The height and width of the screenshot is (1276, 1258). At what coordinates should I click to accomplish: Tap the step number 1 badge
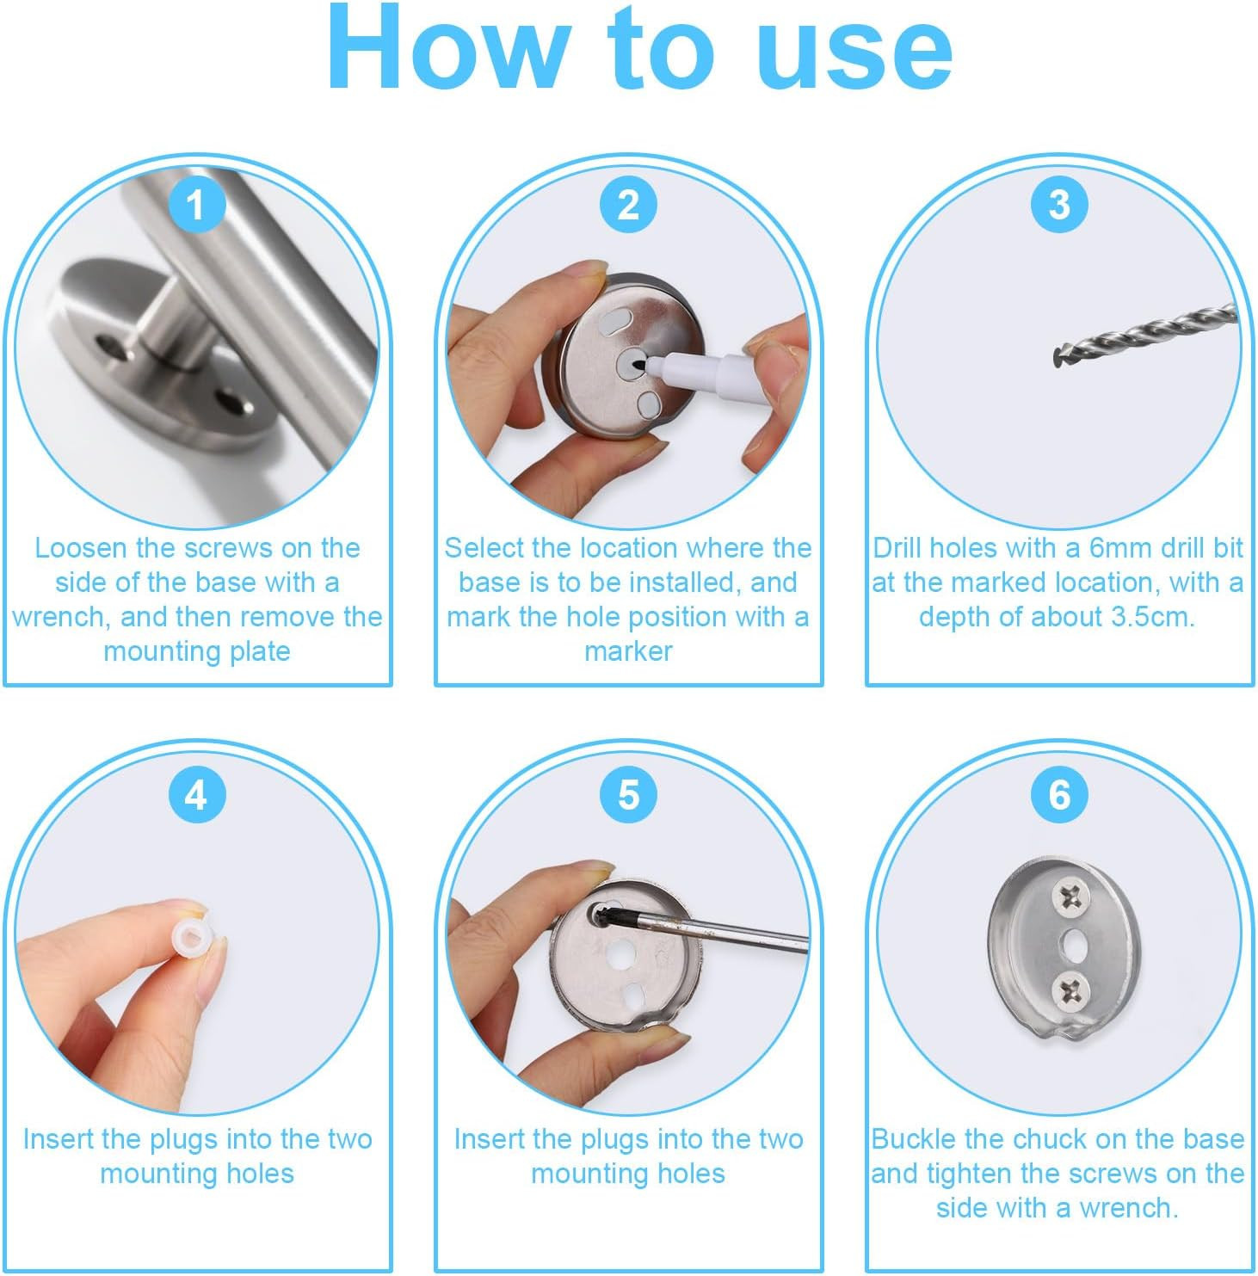pos(196,205)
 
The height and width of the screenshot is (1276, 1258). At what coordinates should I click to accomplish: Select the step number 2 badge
pos(628,205)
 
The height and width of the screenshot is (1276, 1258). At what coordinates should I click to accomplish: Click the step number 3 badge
pos(1059,205)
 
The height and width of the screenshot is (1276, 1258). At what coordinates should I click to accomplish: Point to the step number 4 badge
pos(196,795)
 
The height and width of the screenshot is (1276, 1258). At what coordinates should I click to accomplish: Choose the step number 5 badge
pos(628,795)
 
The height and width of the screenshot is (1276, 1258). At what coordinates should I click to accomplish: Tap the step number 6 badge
pos(1059,795)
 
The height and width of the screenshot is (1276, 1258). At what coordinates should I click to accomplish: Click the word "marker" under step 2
pos(628,651)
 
